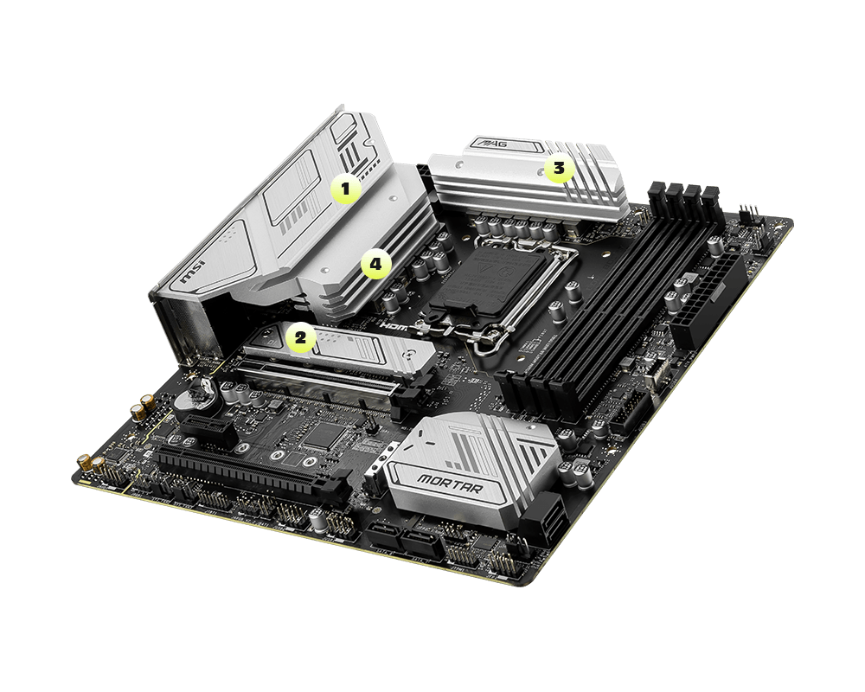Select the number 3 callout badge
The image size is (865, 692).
[x=559, y=170]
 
